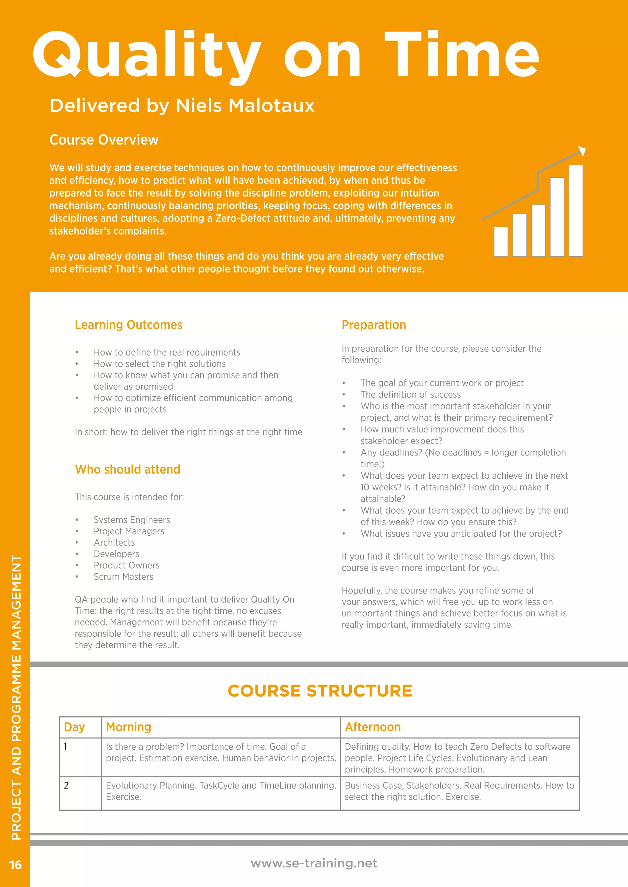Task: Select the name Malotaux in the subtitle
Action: tap(272, 105)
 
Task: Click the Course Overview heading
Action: tap(104, 139)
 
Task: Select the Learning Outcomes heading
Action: tap(128, 325)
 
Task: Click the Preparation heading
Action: tap(373, 325)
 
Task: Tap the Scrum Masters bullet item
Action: tap(123, 577)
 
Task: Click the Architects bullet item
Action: tap(114, 542)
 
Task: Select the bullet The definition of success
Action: tap(410, 394)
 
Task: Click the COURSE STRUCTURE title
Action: tap(320, 691)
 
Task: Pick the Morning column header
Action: tap(128, 727)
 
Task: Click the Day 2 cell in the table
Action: tap(67, 785)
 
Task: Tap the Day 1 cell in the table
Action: tap(65, 747)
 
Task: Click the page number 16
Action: tap(15, 865)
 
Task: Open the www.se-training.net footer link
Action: tap(314, 863)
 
